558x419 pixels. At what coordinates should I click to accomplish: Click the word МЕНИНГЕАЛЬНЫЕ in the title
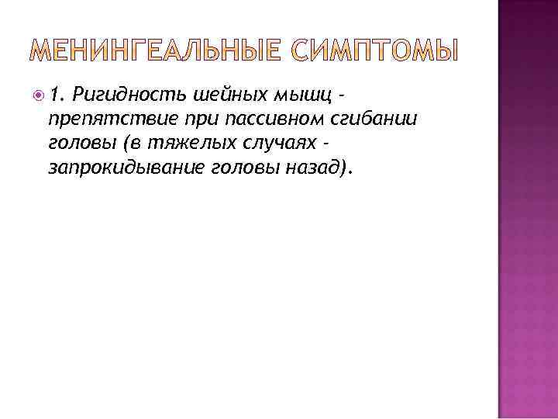(x=160, y=52)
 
